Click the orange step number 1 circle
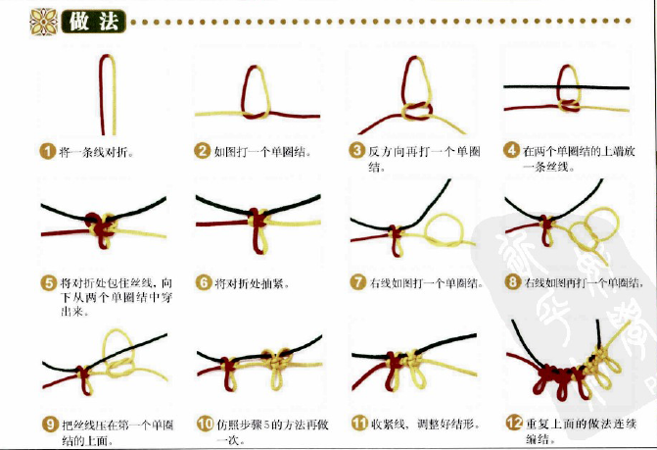48,152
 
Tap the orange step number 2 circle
203,151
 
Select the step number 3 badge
357,151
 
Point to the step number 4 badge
511,151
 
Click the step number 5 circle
48,283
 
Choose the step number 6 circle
204,283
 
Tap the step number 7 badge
357,283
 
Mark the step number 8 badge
512,283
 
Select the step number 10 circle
205,424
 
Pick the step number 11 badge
358,424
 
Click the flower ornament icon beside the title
43,21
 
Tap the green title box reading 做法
94,21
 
